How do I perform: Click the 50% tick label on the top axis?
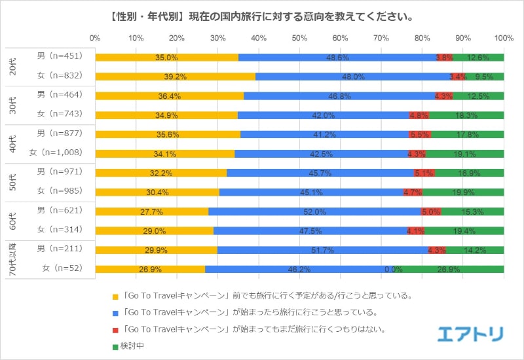point(299,39)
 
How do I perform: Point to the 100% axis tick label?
point(503,39)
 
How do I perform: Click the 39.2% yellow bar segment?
point(176,77)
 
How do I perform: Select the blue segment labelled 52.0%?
point(314,211)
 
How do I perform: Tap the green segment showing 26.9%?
point(453,269)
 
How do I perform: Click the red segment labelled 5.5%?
point(419,134)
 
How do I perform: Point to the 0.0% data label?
point(393,269)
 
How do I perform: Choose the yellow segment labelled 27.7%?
point(152,211)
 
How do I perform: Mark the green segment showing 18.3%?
point(466,115)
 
